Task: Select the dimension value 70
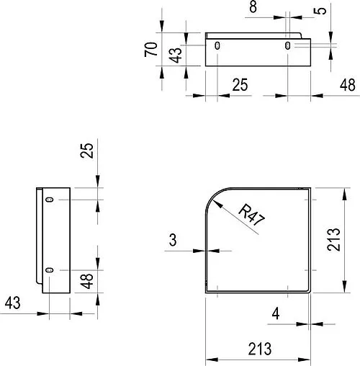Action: [x=150, y=50]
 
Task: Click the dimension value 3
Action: [x=173, y=240]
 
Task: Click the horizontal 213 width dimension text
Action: [x=260, y=349]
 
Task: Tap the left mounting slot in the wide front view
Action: [x=218, y=46]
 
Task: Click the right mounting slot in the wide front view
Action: [x=288, y=46]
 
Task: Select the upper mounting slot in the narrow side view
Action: [x=49, y=200]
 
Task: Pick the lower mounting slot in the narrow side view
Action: [x=49, y=269]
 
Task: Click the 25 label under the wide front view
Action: [x=240, y=86]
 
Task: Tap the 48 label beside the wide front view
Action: [x=347, y=86]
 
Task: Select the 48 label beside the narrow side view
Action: [x=87, y=280]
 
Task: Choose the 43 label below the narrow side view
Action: [x=12, y=303]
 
